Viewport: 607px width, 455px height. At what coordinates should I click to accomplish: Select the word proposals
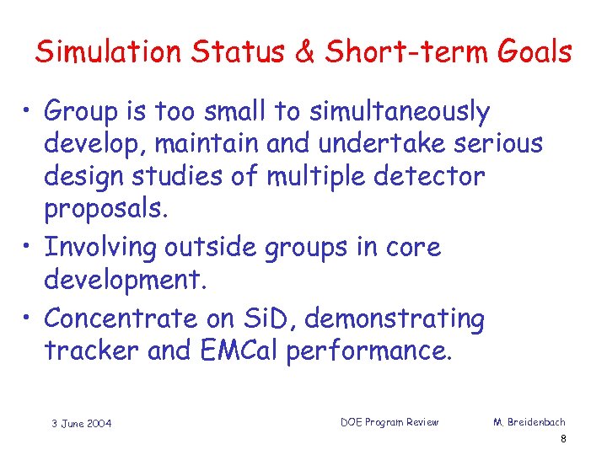(107, 210)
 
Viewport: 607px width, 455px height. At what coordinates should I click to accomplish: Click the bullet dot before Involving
(30, 248)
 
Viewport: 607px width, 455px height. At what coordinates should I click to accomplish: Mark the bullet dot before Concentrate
(30, 319)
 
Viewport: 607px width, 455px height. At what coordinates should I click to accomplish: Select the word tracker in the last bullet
(92, 351)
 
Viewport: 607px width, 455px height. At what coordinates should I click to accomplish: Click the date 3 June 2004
(80, 423)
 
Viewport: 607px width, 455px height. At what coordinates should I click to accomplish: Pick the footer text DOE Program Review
(389, 421)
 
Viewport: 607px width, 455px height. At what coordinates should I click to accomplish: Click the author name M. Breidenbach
(529, 421)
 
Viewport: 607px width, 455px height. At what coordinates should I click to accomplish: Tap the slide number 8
(562, 439)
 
